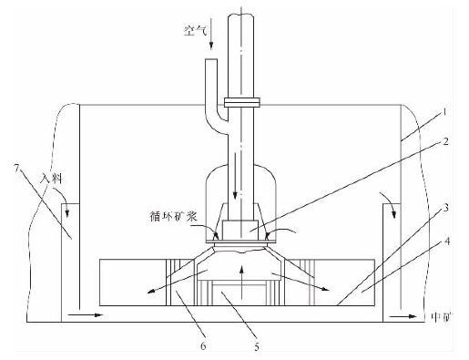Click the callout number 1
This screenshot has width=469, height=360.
[444, 113]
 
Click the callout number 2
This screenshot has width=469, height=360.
[445, 141]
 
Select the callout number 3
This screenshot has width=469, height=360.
[445, 208]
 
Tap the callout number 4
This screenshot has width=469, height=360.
[446, 242]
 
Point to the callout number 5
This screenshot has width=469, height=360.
[257, 346]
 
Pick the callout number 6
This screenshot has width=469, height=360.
[203, 345]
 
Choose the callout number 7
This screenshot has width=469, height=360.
[17, 168]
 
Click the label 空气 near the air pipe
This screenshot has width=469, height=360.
[195, 31]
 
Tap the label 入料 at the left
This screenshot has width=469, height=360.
[51, 179]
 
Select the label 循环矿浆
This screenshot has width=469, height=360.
[173, 216]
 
